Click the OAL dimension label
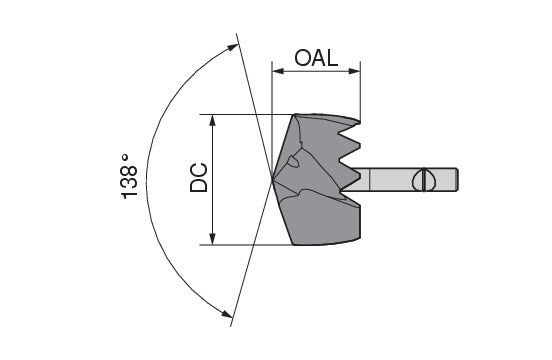[x=316, y=58]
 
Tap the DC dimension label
[x=199, y=178]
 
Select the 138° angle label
[x=129, y=177]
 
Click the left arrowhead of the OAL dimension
[x=278, y=71]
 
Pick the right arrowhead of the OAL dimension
[x=354, y=71]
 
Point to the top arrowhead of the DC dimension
[x=212, y=120]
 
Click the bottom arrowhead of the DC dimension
[x=212, y=239]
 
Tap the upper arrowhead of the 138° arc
[x=233, y=47]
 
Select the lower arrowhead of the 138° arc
[x=226, y=314]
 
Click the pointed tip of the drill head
[x=273, y=180]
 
